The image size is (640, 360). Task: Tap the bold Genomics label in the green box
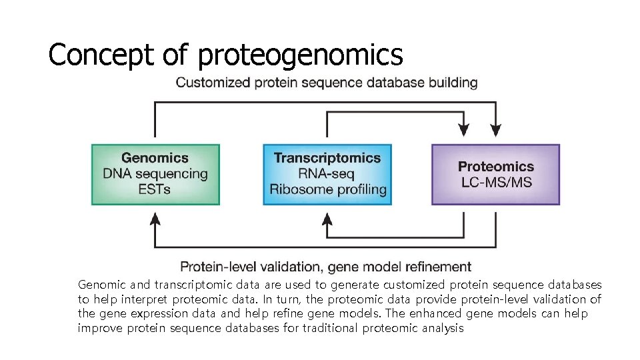[x=155, y=158]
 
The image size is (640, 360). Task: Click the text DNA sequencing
[x=155, y=173]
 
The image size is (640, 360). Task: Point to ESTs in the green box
[x=155, y=189]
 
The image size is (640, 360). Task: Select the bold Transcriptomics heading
[x=327, y=158]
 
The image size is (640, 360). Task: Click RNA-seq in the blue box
[x=327, y=173]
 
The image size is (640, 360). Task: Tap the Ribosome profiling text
[x=327, y=189]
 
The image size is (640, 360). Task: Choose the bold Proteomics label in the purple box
[x=496, y=166]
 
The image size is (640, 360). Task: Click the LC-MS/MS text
[x=496, y=182]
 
